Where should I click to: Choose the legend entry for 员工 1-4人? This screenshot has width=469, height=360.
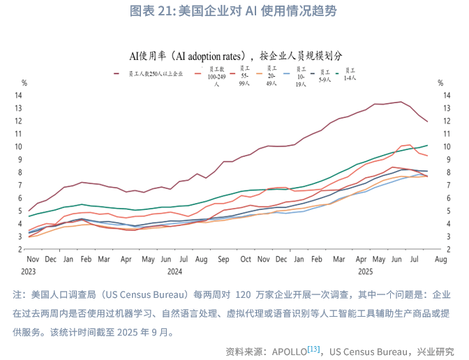[x=350, y=74]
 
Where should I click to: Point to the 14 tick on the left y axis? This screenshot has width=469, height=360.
[x=20, y=95]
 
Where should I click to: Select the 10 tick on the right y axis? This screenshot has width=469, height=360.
[x=448, y=147]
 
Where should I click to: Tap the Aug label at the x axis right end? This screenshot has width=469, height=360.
[x=441, y=259]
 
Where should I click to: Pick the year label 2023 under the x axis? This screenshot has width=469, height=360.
[x=28, y=271]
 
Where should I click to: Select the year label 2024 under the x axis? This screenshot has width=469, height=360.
[x=174, y=271]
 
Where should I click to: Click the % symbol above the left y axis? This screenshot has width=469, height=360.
[x=20, y=82]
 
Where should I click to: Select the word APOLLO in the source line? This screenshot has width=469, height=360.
[x=288, y=350]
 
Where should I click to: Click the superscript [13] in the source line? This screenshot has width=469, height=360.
[x=314, y=348]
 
